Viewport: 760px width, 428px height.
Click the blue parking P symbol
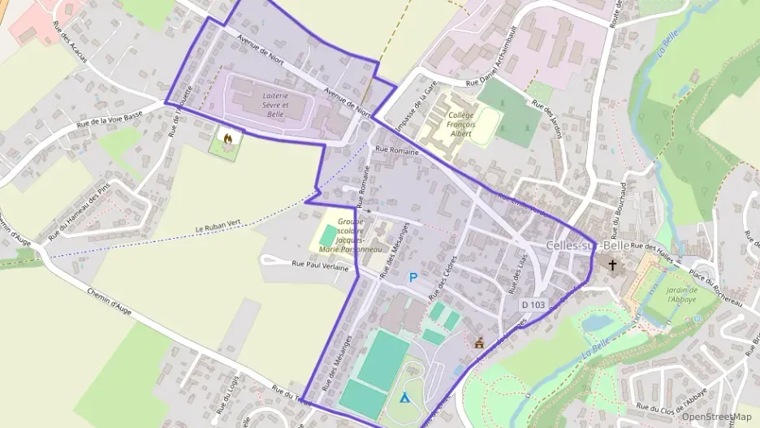click(413, 278)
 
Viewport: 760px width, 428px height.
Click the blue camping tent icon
click(404, 398)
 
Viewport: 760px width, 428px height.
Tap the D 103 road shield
click(533, 305)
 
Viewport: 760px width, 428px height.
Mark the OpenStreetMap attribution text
click(716, 417)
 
